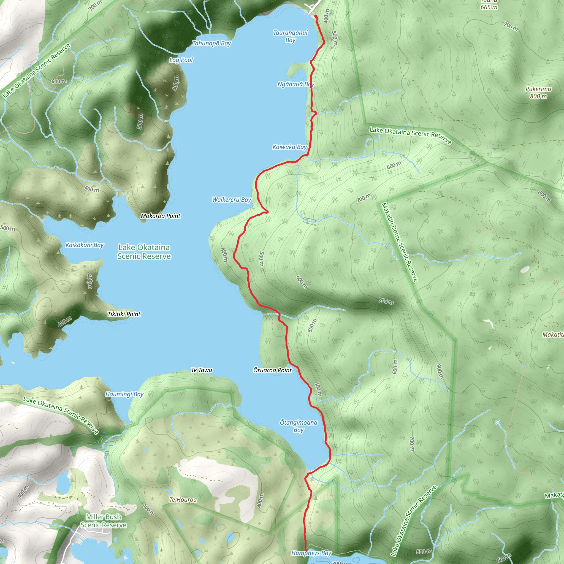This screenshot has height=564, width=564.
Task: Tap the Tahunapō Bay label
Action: tap(212, 44)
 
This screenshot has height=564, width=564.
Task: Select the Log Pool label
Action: tap(181, 60)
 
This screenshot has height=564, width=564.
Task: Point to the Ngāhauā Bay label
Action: tap(295, 84)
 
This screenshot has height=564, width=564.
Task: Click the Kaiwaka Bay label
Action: tap(290, 147)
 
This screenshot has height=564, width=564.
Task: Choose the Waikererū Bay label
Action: tap(232, 200)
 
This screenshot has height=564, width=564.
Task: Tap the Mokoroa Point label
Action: tap(161, 216)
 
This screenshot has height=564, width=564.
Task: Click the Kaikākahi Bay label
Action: tap(84, 245)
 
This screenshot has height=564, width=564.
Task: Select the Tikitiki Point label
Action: tap(124, 314)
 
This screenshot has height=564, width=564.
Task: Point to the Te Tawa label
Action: tap(201, 370)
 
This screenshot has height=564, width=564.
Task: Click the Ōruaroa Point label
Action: tap(272, 370)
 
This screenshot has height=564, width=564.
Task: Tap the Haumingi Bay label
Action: tap(124, 394)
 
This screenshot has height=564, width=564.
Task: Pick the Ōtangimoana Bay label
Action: tap(299, 426)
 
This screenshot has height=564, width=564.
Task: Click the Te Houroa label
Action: tap(183, 500)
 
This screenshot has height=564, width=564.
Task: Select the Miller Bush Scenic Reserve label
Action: tap(103, 521)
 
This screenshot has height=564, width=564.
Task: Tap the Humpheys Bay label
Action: tap(311, 553)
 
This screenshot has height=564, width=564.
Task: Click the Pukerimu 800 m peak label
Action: tap(538, 93)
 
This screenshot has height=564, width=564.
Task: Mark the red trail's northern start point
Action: tap(316, 15)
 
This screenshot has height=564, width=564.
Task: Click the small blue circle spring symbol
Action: tap(497, 422)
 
